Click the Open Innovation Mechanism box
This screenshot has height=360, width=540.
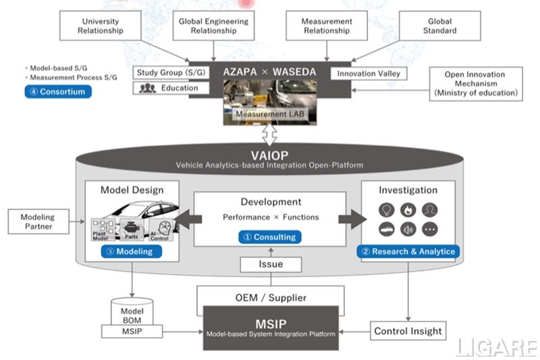475,83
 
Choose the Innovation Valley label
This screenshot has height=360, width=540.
369,73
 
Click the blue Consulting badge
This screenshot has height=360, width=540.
269,236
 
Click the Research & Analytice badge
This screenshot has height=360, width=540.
408,251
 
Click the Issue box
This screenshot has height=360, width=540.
271,265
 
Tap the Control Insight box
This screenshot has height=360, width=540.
408,331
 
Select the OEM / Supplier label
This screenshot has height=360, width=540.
270,297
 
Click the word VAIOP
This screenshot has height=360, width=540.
270,154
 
